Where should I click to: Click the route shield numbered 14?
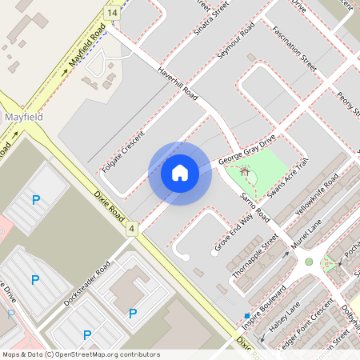[x=112, y=14]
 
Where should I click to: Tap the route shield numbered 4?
[x=131, y=230]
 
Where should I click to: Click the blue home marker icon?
[x=180, y=173]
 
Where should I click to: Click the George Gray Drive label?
[x=247, y=150]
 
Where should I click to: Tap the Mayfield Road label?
[x=87, y=50]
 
